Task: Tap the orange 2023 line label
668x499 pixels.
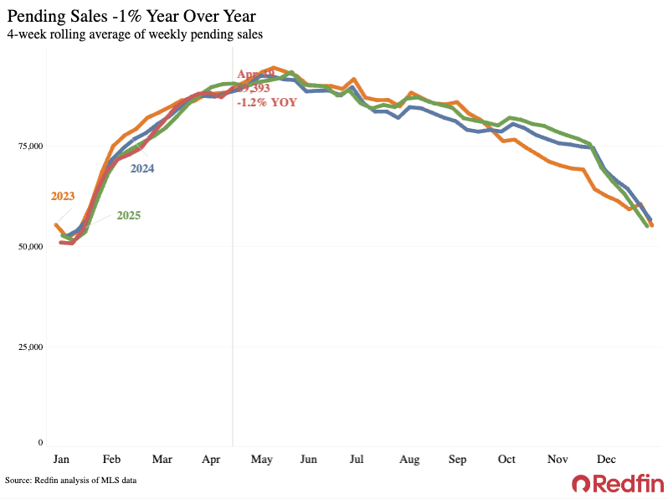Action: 63,197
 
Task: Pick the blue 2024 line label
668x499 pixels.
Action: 141,168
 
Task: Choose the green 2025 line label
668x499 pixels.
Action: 128,215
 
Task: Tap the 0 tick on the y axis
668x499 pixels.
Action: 39,442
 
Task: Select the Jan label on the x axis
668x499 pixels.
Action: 61,460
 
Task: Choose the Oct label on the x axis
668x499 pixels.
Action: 506,460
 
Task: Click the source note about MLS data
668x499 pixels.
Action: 70,481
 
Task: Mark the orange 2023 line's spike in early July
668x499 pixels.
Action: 354,79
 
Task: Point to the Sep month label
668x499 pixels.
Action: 458,460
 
